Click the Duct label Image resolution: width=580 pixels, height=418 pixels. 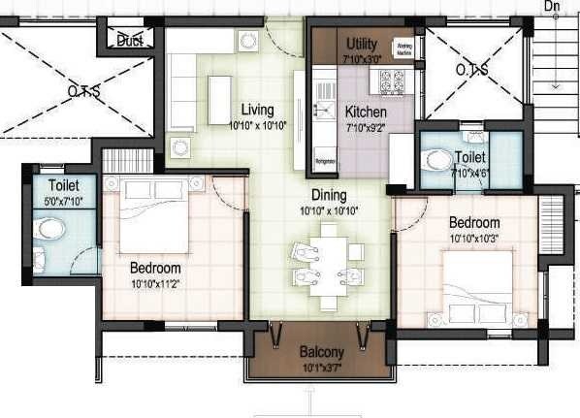(x=129, y=41)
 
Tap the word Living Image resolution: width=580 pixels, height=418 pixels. (x=257, y=110)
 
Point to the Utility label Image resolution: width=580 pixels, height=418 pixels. (x=363, y=46)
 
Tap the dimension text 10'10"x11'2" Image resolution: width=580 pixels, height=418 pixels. (x=156, y=283)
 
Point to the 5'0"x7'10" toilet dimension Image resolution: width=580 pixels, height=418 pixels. (x=65, y=202)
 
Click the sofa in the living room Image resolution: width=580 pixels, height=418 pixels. (x=180, y=92)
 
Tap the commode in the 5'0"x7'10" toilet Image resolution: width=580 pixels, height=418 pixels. (x=48, y=230)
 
